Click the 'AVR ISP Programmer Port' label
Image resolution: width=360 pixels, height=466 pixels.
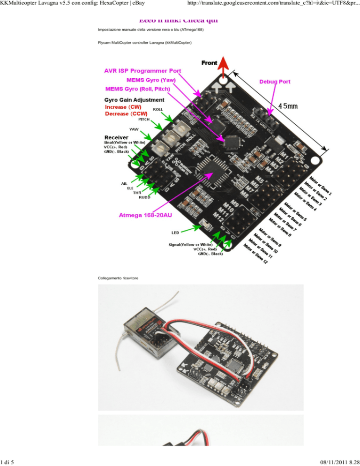coord(142,71)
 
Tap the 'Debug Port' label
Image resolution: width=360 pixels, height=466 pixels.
coord(275,81)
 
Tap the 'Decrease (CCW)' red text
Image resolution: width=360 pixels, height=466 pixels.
coord(126,114)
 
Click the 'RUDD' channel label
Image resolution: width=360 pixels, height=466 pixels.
coord(145,198)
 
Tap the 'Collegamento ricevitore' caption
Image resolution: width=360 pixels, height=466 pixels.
coord(118,278)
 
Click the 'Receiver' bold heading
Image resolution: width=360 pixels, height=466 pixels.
coord(117,137)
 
